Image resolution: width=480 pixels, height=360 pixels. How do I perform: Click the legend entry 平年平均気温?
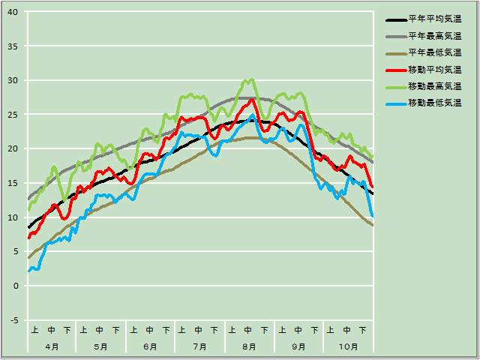tap(434, 19)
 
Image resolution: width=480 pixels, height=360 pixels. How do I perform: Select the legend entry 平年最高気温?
tap(434, 36)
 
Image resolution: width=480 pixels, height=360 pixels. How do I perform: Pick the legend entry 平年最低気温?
tap(434, 52)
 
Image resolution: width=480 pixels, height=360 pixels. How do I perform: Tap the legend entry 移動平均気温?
tap(434, 69)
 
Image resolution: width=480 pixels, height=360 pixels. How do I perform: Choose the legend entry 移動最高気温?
tap(434, 85)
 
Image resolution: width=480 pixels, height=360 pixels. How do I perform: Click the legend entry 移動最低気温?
tap(434, 102)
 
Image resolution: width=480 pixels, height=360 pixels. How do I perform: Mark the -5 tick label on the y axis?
tap(14, 320)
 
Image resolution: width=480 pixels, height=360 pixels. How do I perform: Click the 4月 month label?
tap(52, 346)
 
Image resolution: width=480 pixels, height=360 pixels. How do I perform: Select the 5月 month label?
tap(100, 346)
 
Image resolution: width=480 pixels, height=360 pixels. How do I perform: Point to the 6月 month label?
tap(150, 346)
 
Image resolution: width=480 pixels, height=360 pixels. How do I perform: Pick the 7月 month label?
tap(199, 346)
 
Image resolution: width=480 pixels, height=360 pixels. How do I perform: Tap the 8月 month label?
tap(249, 346)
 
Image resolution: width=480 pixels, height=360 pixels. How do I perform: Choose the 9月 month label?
tap(298, 346)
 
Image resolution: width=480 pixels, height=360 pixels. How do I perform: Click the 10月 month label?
tap(347, 346)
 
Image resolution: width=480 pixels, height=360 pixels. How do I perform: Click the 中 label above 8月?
tap(249, 329)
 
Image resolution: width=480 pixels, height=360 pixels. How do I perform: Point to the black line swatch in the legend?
tap(395, 19)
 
